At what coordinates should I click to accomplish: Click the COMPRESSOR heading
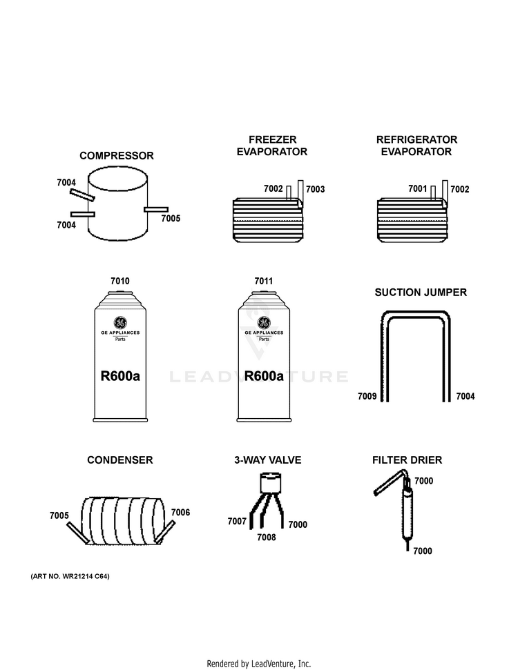pyautogui.click(x=116, y=155)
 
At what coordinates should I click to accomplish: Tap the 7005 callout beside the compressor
pyautogui.click(x=171, y=218)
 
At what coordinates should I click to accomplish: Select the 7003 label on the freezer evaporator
pyautogui.click(x=315, y=189)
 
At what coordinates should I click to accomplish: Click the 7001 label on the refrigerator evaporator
pyautogui.click(x=417, y=188)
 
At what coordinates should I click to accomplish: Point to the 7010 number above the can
pyautogui.click(x=119, y=281)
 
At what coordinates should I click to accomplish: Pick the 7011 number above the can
pyautogui.click(x=264, y=281)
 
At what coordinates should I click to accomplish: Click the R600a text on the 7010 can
pyautogui.click(x=120, y=376)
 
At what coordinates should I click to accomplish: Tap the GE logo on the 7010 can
pyautogui.click(x=120, y=323)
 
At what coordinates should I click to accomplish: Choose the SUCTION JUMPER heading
pyautogui.click(x=421, y=293)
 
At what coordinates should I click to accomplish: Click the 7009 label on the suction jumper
pyautogui.click(x=367, y=396)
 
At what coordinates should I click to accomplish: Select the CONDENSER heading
pyautogui.click(x=119, y=460)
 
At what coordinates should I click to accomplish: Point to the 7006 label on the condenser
pyautogui.click(x=180, y=512)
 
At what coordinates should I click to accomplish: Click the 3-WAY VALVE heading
pyautogui.click(x=268, y=460)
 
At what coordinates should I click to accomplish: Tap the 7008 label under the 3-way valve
pyautogui.click(x=267, y=537)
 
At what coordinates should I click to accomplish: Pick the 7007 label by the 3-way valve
pyautogui.click(x=237, y=521)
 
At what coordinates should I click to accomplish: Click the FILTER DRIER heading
pyautogui.click(x=407, y=460)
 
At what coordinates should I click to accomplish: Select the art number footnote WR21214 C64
pyautogui.click(x=70, y=576)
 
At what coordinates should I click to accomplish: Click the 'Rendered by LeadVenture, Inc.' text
pyautogui.click(x=259, y=664)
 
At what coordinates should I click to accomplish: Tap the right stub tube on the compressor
pyautogui.click(x=156, y=209)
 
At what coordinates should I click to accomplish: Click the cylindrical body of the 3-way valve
pyautogui.click(x=271, y=483)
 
